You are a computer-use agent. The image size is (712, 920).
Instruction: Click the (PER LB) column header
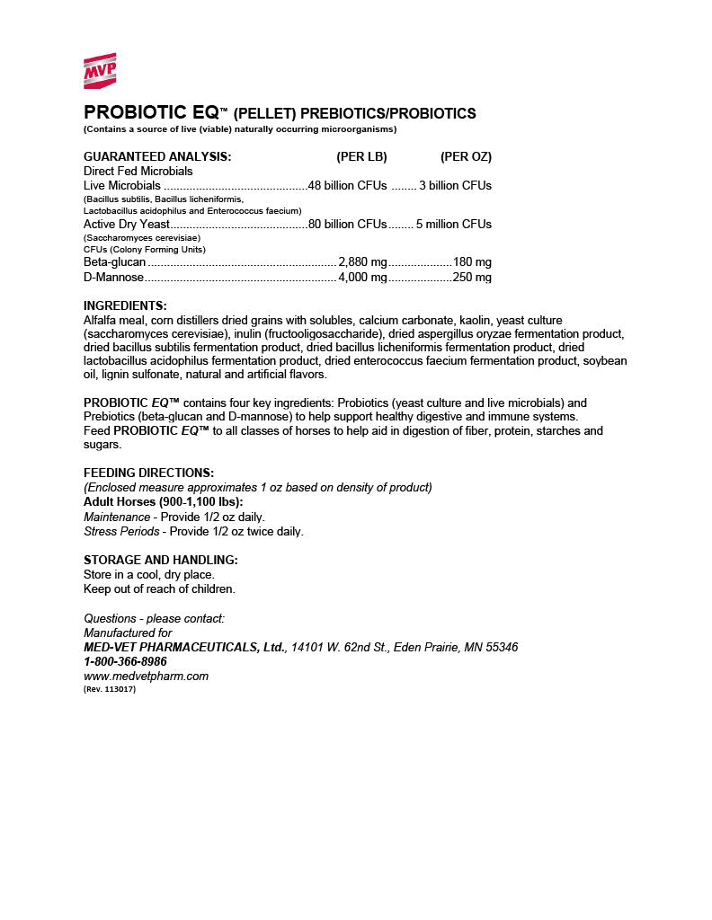[x=361, y=156]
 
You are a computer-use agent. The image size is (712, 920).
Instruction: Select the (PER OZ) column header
[x=466, y=156]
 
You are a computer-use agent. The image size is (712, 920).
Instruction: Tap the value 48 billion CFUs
[x=347, y=186]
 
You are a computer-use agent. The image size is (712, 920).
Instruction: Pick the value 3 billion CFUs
[x=456, y=186]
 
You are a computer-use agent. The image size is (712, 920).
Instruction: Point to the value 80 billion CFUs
[x=347, y=225]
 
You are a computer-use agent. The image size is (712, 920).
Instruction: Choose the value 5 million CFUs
[x=454, y=225]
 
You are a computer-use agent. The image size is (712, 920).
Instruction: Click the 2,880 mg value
[x=362, y=262]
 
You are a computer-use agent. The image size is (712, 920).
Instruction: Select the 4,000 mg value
[x=362, y=278]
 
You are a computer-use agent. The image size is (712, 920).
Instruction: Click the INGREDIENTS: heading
[x=125, y=306]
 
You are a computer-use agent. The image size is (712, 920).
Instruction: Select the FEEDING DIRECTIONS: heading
[x=148, y=473]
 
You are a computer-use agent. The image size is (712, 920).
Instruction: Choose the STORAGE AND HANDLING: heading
[x=160, y=560]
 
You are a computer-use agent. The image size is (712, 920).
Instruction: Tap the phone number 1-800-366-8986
[x=125, y=661]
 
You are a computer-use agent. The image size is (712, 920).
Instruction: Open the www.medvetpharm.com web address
[x=146, y=676]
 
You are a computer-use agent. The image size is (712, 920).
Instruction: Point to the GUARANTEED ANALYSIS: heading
[x=157, y=156]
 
